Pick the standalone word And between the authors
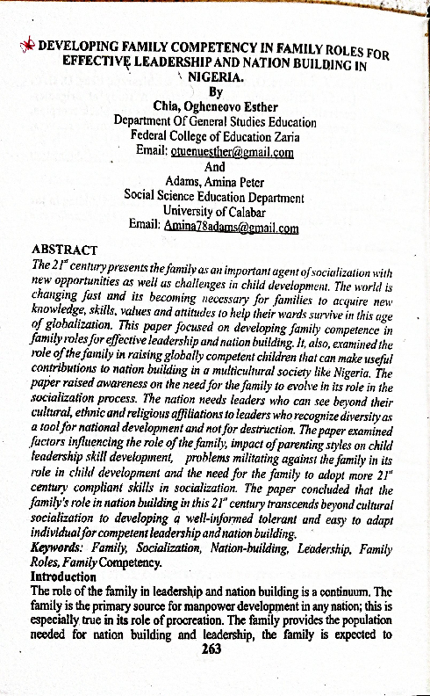click(x=214, y=167)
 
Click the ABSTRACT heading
click(x=64, y=249)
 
